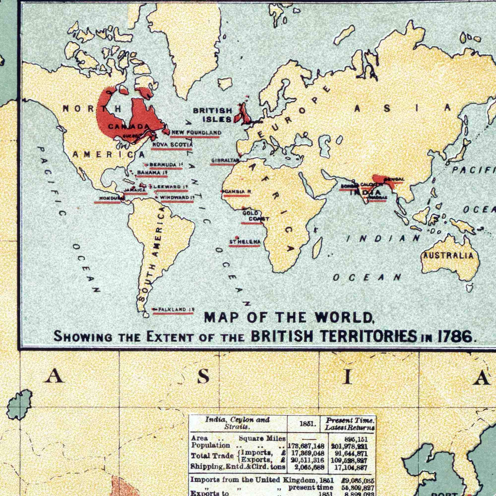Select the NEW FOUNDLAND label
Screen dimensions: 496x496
(x=196, y=132)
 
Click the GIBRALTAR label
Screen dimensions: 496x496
(x=225, y=160)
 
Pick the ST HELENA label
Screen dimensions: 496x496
(x=245, y=242)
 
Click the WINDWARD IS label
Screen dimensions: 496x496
(x=177, y=197)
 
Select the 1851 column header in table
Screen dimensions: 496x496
(x=306, y=424)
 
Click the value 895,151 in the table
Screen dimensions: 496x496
(x=357, y=439)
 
